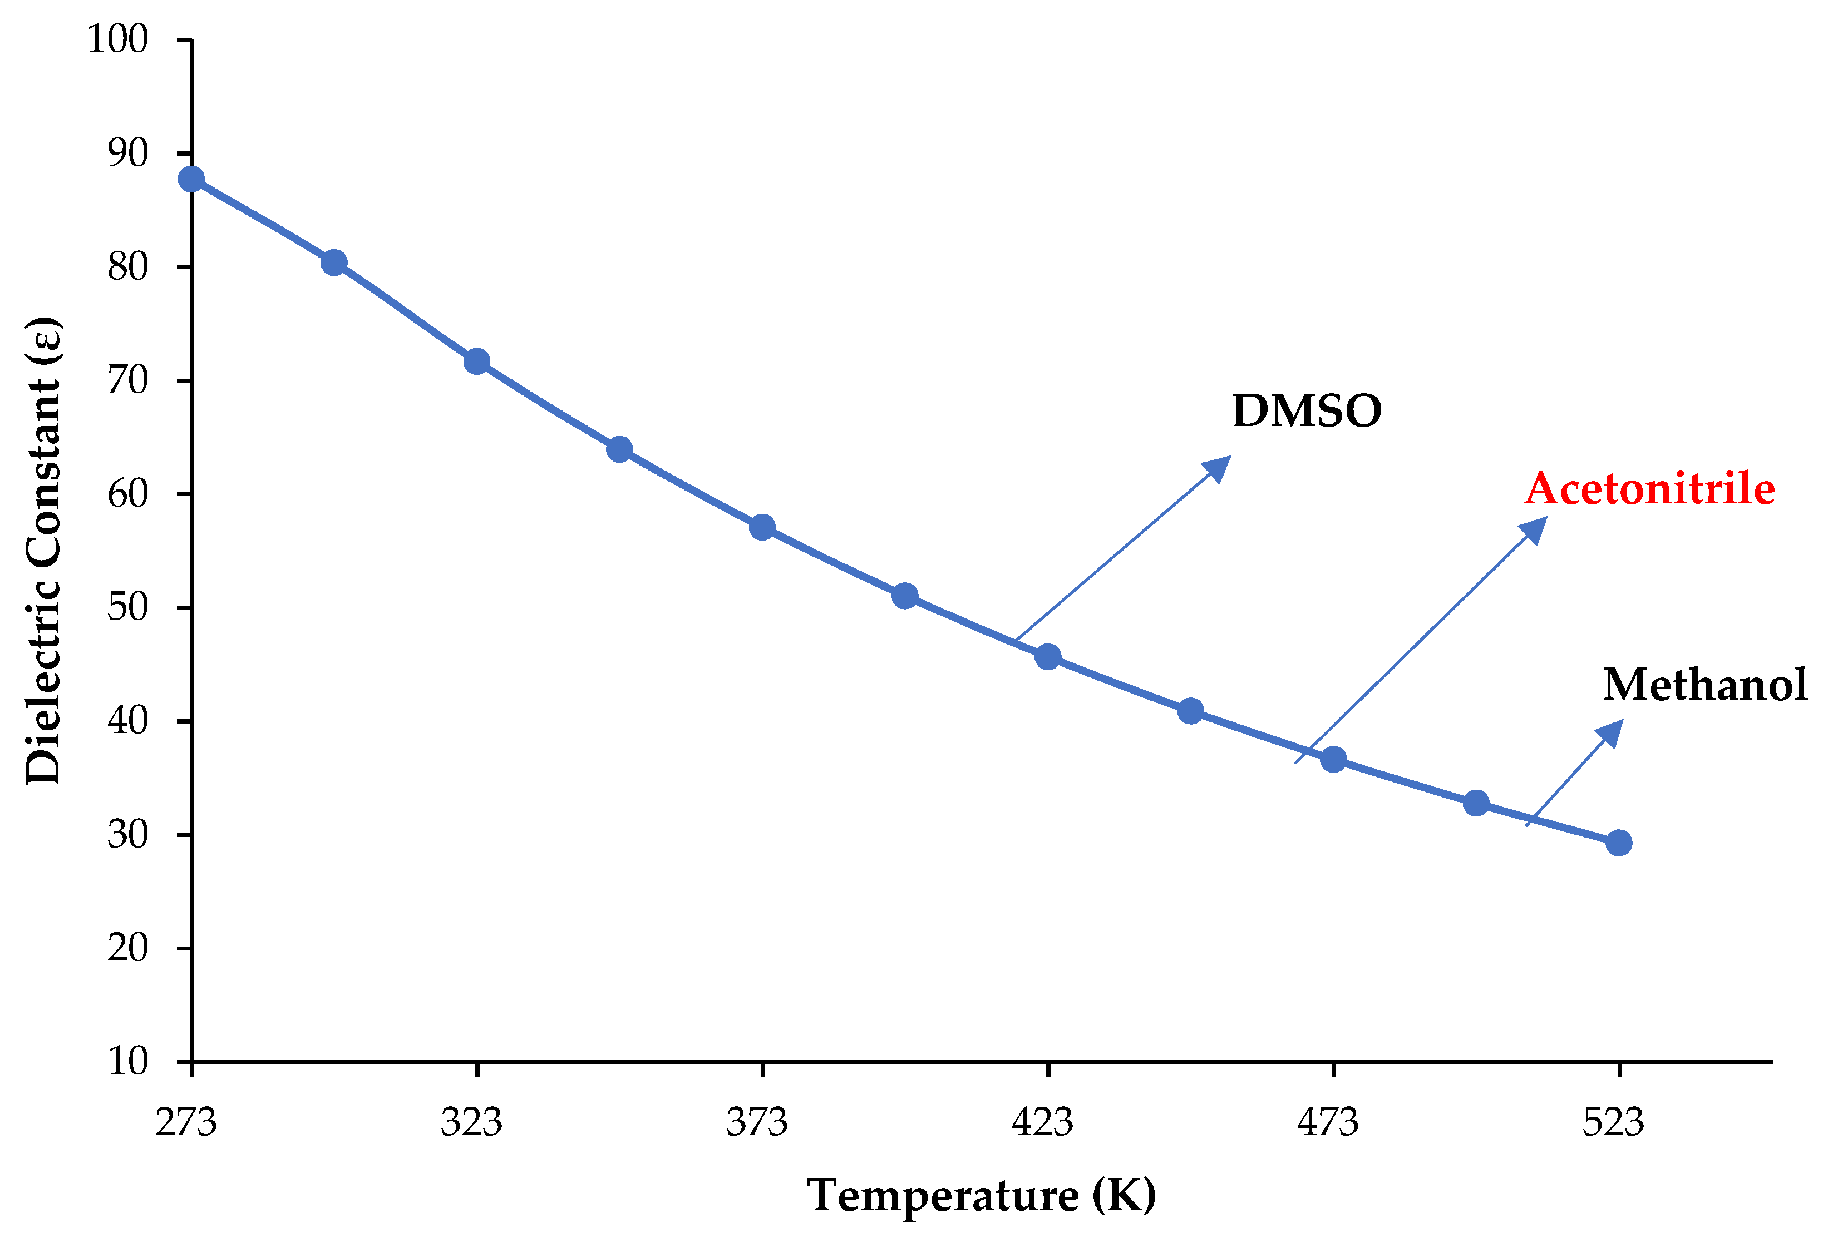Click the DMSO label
1307,411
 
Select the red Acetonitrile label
1649,489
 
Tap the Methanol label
1705,685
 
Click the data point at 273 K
191,179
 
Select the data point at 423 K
1048,657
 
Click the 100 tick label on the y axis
118,39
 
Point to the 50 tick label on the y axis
127,608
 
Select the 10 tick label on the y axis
127,1062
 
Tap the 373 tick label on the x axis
757,1123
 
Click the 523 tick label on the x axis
1613,1123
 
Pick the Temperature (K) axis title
982,1196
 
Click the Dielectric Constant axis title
43,551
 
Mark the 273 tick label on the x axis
186,1123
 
